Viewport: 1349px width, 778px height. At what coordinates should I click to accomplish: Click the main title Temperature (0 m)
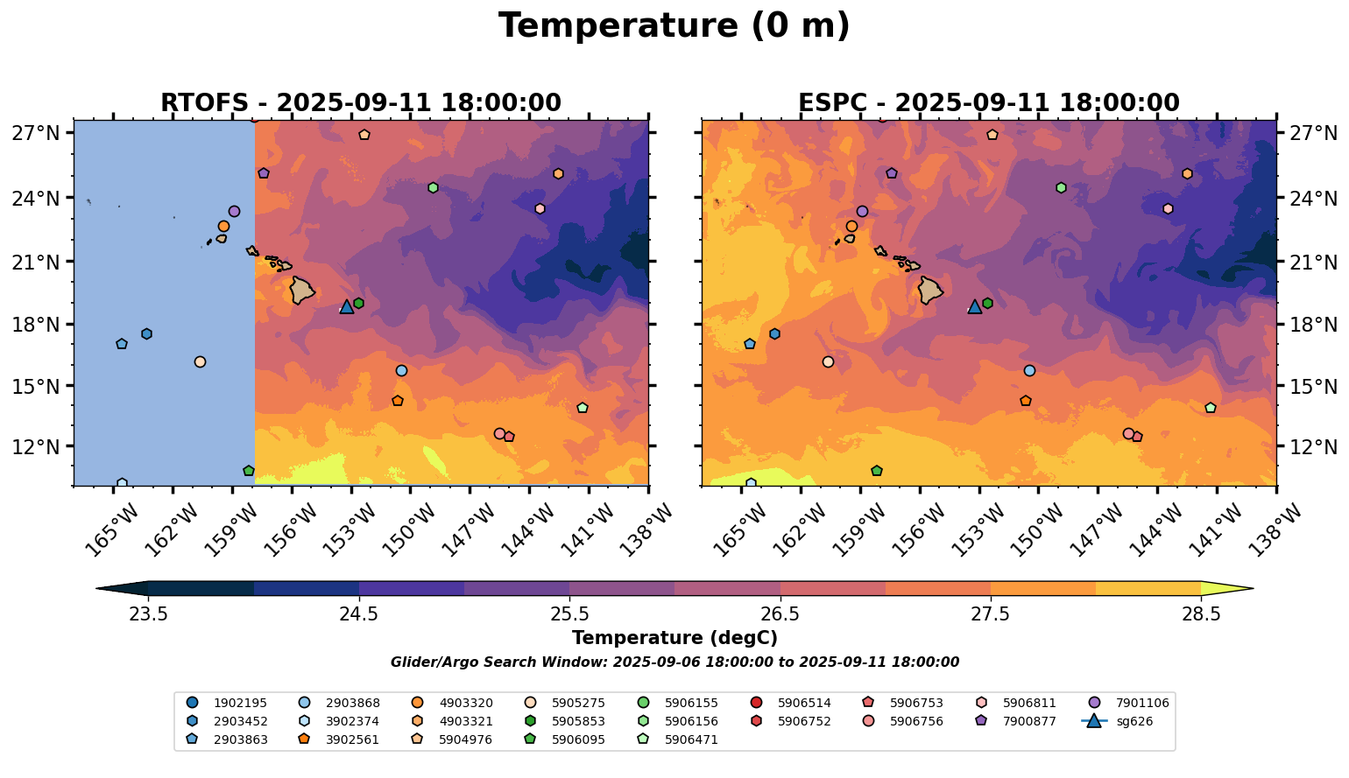tap(674, 26)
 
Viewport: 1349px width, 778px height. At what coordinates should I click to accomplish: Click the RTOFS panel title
tap(360, 103)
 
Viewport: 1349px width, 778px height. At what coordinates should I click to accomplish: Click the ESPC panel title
tap(988, 103)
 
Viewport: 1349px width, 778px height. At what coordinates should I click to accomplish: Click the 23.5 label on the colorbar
tap(148, 613)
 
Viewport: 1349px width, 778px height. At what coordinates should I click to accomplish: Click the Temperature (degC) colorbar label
tap(674, 638)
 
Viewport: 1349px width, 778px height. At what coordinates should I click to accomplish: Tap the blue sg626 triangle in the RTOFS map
tap(347, 306)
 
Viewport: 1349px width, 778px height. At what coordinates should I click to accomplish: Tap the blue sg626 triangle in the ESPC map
tap(975, 306)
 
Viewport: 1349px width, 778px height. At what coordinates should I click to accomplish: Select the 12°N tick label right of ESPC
tap(1315, 447)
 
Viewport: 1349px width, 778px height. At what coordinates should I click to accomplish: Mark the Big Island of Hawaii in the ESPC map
tap(930, 290)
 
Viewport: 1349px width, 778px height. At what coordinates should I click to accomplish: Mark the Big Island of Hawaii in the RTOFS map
tap(302, 290)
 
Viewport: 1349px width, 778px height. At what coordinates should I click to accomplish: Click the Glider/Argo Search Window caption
tap(674, 662)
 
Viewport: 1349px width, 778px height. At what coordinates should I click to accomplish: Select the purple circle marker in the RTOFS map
tap(234, 211)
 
